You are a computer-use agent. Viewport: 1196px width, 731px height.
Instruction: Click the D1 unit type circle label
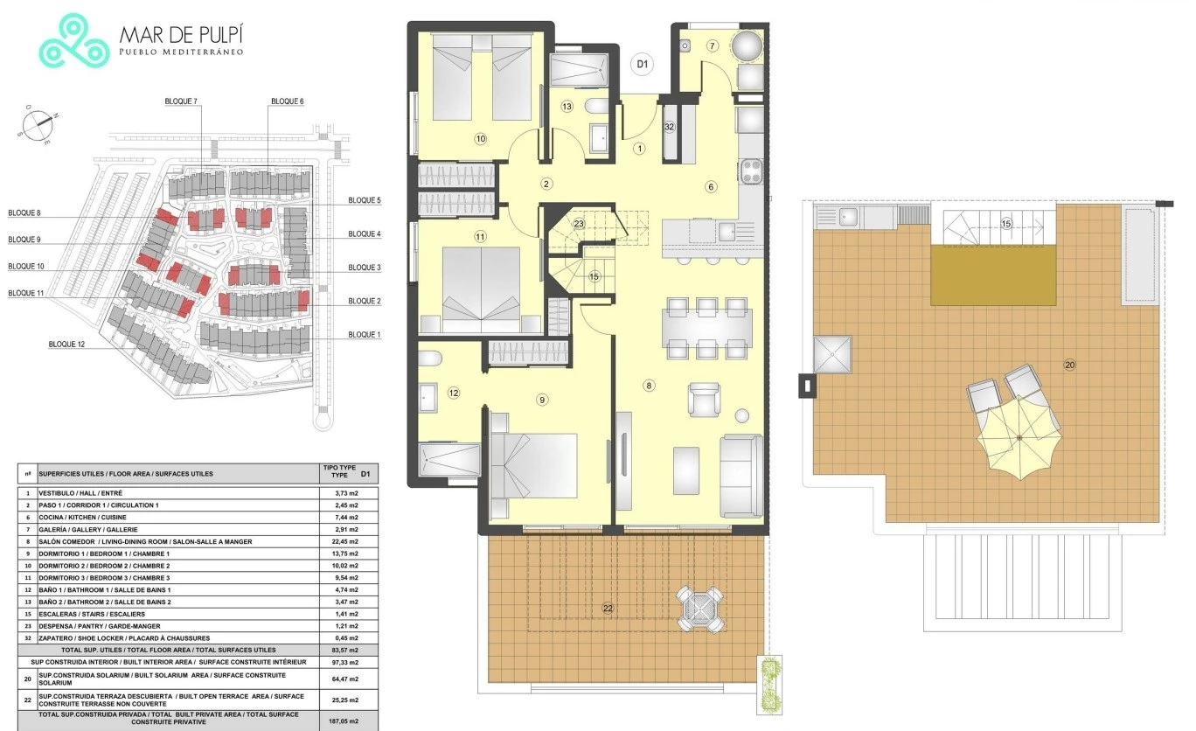coord(642,65)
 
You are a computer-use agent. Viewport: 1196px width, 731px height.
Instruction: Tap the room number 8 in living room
coord(649,386)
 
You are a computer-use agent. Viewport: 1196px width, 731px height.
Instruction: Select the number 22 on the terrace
coord(608,609)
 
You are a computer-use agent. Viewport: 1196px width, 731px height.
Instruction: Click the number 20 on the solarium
coord(1069,365)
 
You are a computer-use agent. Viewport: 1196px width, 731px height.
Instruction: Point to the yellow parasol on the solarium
coord(1019,438)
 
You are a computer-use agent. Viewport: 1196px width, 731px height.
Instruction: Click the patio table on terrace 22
coord(700,609)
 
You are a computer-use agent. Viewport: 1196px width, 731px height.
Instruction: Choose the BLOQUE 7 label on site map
coord(181,101)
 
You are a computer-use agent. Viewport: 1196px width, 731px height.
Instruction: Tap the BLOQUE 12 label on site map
coord(66,345)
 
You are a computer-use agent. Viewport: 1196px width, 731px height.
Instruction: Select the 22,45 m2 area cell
coord(345,541)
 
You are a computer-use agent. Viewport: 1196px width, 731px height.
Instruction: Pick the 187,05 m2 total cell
coord(345,721)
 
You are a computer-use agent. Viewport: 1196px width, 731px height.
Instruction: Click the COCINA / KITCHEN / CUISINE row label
coord(82,518)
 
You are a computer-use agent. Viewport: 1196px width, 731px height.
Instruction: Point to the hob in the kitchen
coord(751,172)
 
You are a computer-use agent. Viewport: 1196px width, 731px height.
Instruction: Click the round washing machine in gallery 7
coord(747,46)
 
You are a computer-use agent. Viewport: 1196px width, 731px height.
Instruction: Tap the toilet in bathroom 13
coord(597,107)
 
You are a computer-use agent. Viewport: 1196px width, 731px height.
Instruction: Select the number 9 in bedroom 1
coord(542,400)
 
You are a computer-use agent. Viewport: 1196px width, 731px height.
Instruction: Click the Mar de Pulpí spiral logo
coord(73,41)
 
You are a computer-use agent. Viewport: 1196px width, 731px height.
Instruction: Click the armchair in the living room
coord(704,399)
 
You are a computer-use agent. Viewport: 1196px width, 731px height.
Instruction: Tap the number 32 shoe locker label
coord(669,127)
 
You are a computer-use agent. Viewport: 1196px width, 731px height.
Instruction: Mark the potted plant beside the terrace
coord(769,685)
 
